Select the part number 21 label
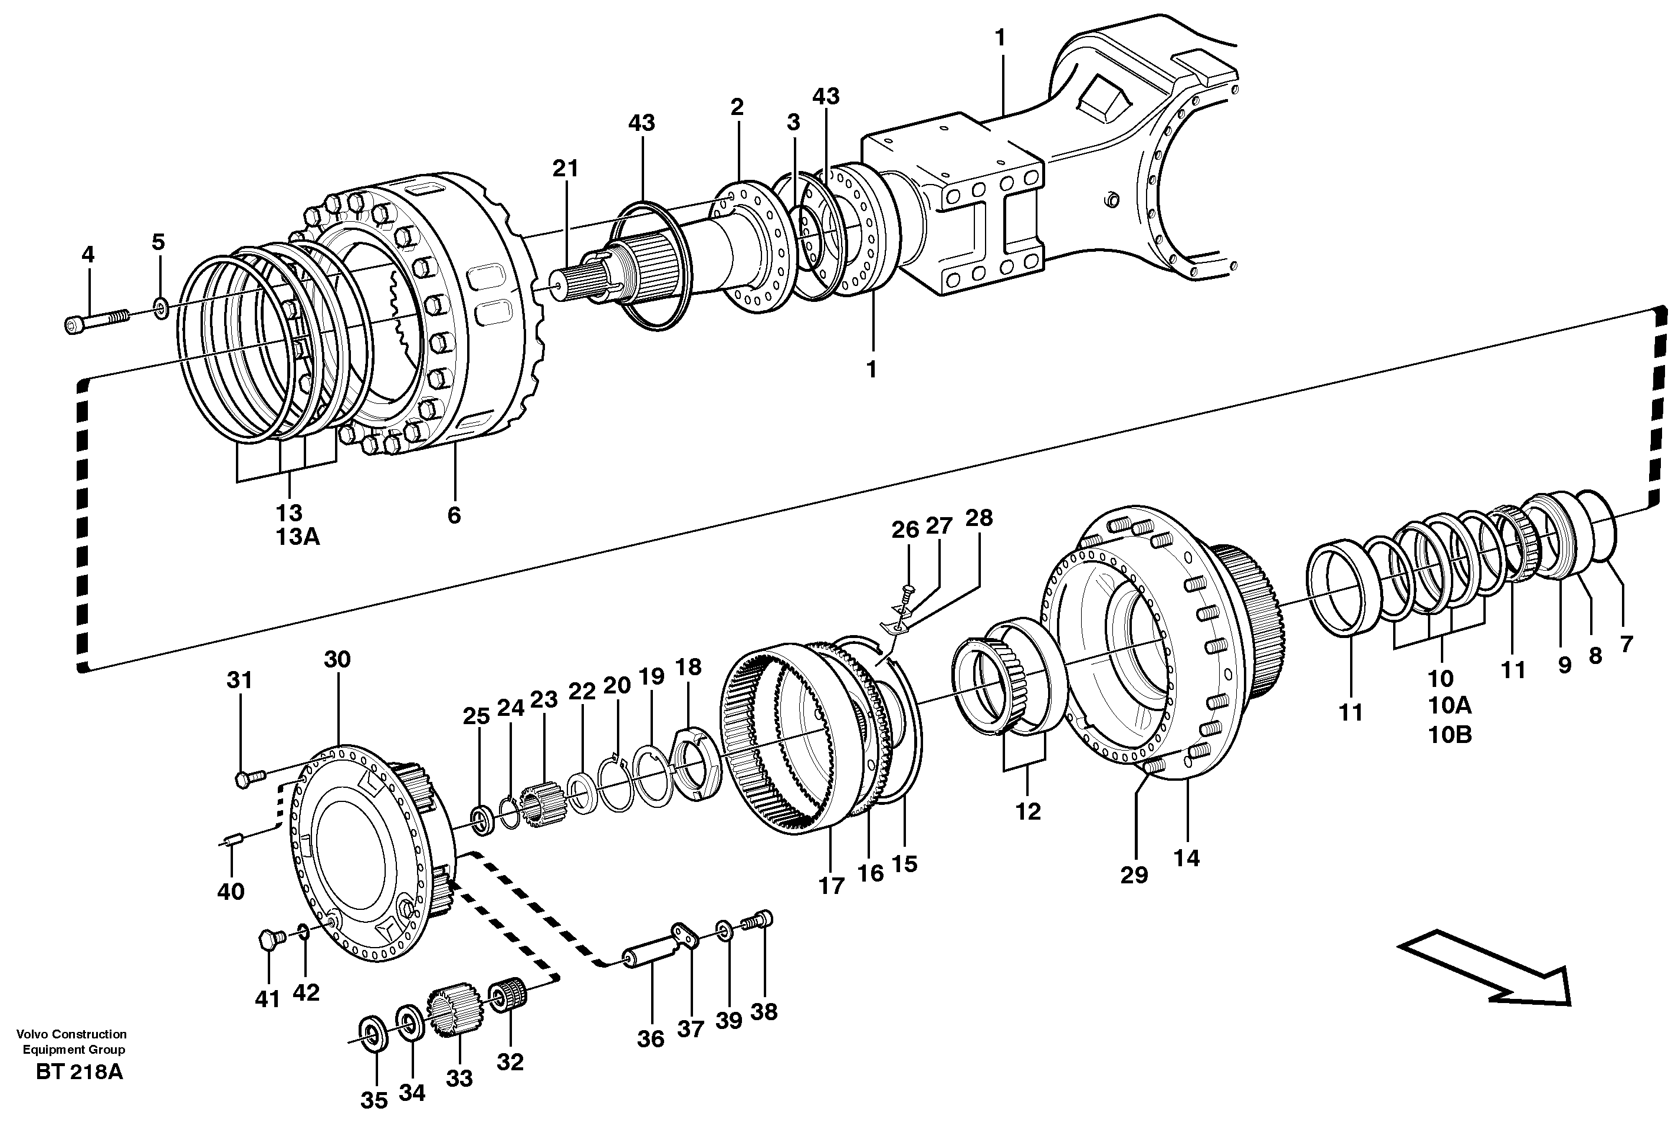[566, 169]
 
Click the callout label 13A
[297, 537]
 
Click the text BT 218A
[80, 1093]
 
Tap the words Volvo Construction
[71, 1034]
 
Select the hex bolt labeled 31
[249, 778]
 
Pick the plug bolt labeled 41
[268, 940]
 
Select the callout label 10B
[1450, 735]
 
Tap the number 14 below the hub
[1187, 859]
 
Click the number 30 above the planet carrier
[337, 659]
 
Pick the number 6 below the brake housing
[454, 515]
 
